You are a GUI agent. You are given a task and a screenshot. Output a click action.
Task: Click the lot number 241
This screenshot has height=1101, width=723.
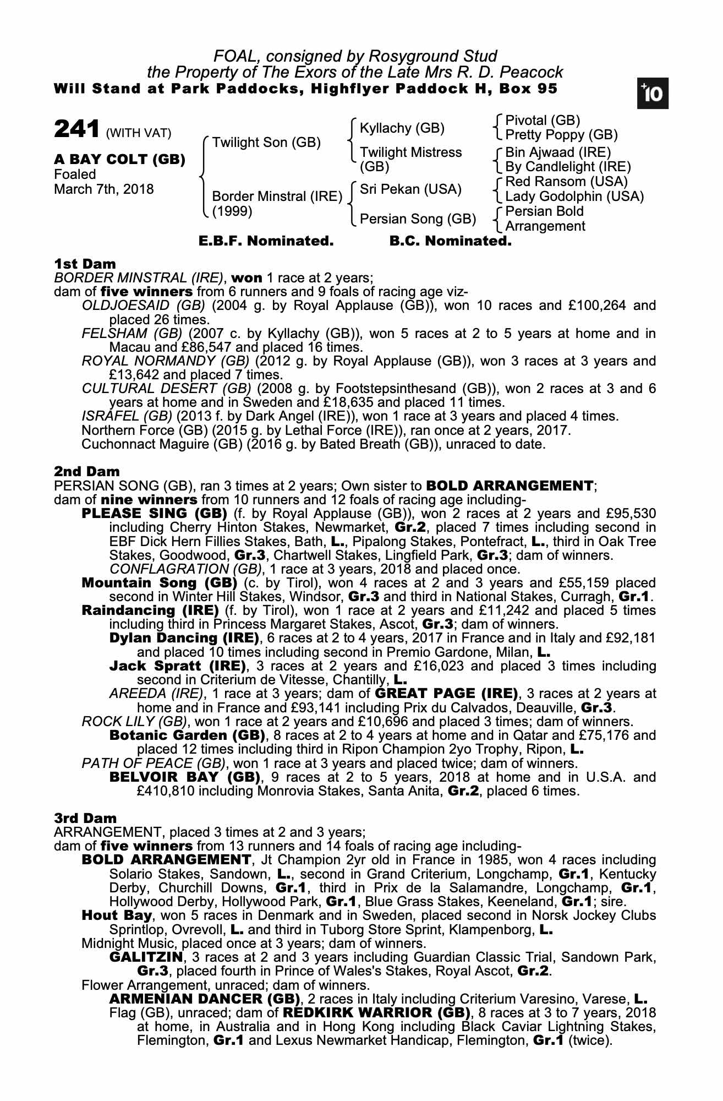coord(76,129)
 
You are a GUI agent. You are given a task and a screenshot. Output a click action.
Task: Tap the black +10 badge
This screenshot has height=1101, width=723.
coord(653,94)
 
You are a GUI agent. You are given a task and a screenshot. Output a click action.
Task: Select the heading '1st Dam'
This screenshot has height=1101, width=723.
coord(85,264)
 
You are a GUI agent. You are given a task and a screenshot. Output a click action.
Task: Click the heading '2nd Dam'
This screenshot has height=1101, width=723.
coord(86,471)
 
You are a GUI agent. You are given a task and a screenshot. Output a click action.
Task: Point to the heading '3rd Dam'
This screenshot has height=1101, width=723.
coord(85,818)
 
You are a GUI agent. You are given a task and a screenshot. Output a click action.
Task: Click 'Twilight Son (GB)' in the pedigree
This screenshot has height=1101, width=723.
coord(266,143)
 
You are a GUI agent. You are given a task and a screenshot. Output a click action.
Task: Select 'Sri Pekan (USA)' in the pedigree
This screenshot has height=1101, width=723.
coord(410,189)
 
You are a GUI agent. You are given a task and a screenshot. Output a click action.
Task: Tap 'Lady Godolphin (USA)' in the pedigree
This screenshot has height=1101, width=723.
coord(574,197)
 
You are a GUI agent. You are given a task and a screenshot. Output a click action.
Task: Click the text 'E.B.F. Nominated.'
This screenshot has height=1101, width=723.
coord(266,241)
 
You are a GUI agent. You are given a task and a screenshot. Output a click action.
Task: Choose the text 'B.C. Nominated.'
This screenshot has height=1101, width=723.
coord(450,241)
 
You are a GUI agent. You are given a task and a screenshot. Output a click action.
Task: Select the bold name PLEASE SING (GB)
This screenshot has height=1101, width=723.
coord(154,514)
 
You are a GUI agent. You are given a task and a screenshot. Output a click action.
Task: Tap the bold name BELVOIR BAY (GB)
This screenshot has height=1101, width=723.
coord(184,777)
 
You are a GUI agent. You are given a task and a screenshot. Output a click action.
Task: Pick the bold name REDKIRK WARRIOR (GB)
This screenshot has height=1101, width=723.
coord(376,1013)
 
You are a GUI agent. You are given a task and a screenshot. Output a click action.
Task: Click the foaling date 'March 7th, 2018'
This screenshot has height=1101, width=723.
coord(104,189)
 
